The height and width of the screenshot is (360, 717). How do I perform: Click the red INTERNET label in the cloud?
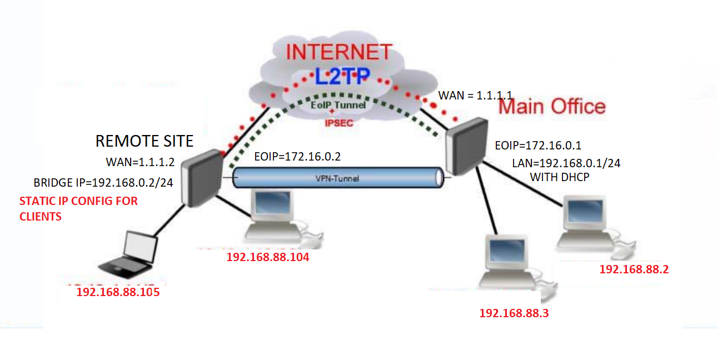click(339, 52)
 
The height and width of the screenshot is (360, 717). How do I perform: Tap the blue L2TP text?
click(342, 77)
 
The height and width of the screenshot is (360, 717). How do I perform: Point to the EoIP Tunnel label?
click(338, 105)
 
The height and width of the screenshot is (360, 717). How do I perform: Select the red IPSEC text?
click(339, 123)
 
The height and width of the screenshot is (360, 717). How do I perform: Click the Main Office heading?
click(552, 107)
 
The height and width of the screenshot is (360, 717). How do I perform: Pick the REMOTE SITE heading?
click(145, 141)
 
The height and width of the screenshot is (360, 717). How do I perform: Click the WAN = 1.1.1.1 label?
click(475, 96)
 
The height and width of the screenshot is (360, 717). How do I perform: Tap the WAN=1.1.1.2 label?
click(140, 162)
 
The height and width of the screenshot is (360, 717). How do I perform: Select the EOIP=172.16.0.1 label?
click(538, 146)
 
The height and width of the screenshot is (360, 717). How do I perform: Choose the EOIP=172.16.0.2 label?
click(297, 157)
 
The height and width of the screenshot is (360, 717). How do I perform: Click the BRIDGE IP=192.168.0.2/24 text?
click(103, 183)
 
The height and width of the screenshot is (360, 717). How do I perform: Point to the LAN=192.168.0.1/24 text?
click(566, 163)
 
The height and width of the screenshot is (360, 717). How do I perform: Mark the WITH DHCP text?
click(560, 177)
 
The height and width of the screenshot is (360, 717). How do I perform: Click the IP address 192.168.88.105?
click(118, 292)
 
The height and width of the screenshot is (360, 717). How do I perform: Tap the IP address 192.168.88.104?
click(268, 257)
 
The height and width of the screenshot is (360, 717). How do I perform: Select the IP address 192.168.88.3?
click(514, 313)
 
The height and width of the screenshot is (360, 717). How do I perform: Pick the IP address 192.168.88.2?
click(634, 269)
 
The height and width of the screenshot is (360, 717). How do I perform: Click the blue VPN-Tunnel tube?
click(338, 178)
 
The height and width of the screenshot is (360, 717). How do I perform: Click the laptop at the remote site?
click(129, 254)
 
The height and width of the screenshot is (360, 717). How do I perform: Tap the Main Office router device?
click(467, 146)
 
